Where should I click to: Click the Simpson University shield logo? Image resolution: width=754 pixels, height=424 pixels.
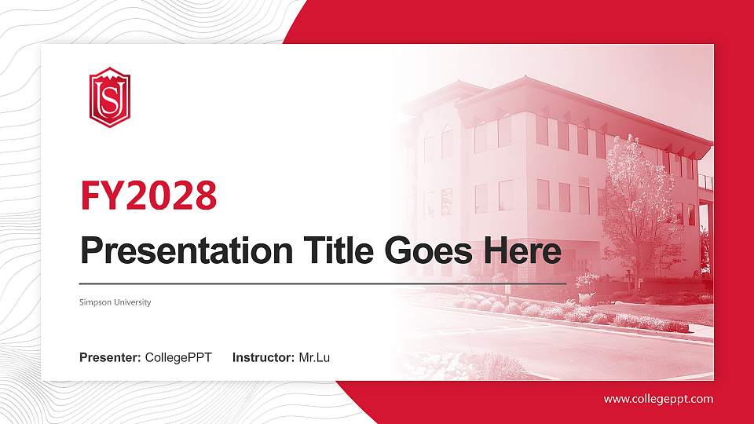point(108,97)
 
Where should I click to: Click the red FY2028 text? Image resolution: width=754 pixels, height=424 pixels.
point(148,196)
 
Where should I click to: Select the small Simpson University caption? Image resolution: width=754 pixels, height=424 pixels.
point(115,302)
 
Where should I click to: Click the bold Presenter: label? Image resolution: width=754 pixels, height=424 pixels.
point(110,358)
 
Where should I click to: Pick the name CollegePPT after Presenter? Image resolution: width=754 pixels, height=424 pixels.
point(178,358)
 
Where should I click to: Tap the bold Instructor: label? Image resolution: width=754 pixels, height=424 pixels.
point(264,358)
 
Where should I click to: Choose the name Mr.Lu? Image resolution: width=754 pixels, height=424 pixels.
point(314,358)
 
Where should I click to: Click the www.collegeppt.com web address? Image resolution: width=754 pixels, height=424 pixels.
point(658,399)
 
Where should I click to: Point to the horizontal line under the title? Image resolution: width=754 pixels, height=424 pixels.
point(322,283)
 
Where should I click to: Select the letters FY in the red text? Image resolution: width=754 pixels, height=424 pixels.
point(100,196)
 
